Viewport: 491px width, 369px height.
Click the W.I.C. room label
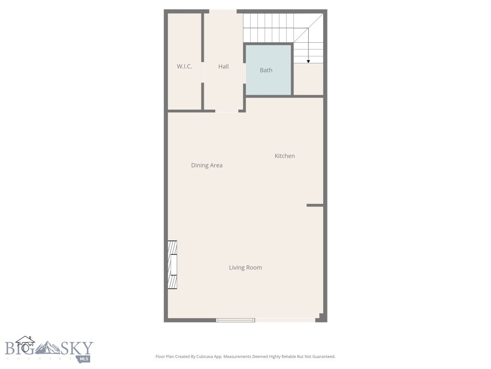pyautogui.click(x=185, y=66)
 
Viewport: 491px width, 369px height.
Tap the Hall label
pyautogui.click(x=223, y=66)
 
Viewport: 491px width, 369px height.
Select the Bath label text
pyautogui.click(x=266, y=70)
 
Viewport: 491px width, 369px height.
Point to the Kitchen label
pyautogui.click(x=285, y=156)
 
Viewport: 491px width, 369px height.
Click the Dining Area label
pyautogui.click(x=207, y=165)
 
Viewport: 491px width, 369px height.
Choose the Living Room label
pyautogui.click(x=245, y=268)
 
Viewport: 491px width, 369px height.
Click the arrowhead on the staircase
pyautogui.click(x=308, y=61)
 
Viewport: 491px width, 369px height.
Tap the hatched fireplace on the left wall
pyautogui.click(x=173, y=265)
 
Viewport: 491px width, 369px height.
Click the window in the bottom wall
pyautogui.click(x=235, y=320)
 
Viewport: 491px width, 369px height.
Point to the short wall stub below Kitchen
pyautogui.click(x=315, y=205)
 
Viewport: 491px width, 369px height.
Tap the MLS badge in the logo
pyautogui.click(x=84, y=358)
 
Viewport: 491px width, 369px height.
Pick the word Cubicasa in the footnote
pyautogui.click(x=200, y=357)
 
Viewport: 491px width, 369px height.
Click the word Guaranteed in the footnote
pyautogui.click(x=323, y=357)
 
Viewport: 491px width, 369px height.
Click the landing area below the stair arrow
pyautogui.click(x=308, y=79)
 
